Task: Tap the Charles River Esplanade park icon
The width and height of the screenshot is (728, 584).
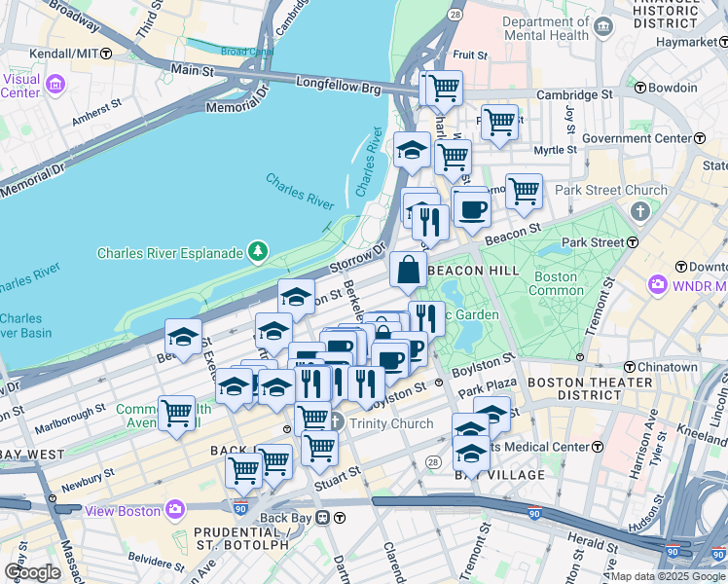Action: click(x=258, y=253)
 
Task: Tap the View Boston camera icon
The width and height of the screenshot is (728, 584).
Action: click(x=175, y=509)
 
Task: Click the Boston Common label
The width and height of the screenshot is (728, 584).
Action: click(x=554, y=283)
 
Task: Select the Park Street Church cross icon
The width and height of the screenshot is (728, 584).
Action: click(x=640, y=211)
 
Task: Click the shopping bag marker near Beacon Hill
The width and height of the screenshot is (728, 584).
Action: click(x=408, y=270)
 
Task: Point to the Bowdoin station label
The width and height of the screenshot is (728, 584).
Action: click(x=673, y=88)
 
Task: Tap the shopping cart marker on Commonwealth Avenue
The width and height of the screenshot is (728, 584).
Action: click(x=176, y=413)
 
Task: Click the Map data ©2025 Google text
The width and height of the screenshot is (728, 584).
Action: click(x=668, y=576)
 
